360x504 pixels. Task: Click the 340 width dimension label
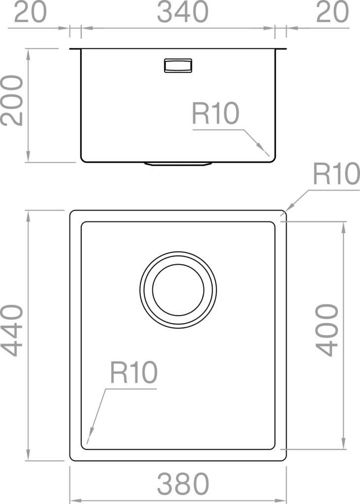(183, 12)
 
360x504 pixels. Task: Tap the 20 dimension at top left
(30, 12)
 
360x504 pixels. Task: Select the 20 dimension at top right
(332, 12)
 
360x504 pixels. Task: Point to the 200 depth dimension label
(12, 100)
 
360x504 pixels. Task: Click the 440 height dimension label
(12, 330)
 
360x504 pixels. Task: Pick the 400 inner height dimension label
(327, 330)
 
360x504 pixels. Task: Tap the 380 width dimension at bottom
(183, 484)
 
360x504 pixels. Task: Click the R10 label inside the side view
(216, 113)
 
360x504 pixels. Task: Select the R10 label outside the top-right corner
(336, 174)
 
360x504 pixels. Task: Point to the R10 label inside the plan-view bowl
(133, 372)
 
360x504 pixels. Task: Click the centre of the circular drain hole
(178, 290)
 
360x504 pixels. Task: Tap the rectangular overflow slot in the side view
(178, 65)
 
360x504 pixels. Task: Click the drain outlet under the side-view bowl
(178, 164)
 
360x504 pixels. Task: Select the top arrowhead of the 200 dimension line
(28, 55)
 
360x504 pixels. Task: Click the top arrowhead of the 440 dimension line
(28, 217)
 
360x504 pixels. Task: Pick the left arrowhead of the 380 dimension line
(76, 501)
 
